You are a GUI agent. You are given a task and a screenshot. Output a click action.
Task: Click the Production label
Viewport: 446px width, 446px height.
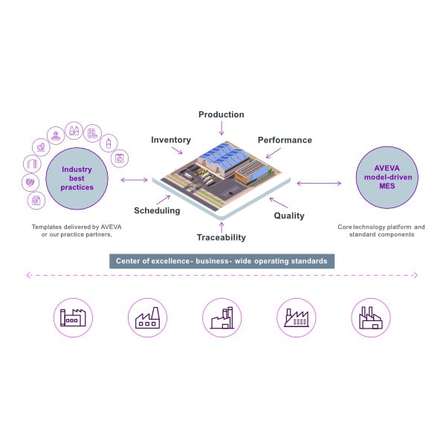pos(221,114)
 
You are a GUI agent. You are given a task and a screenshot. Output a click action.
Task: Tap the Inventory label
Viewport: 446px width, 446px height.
pos(171,140)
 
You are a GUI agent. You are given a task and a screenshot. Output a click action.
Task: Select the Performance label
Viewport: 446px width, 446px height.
pos(285,140)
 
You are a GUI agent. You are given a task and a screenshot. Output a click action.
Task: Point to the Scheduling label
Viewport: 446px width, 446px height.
pos(157,210)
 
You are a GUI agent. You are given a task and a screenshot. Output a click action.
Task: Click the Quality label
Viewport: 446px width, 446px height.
pos(289,216)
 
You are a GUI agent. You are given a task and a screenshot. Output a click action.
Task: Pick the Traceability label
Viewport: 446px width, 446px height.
pos(221,238)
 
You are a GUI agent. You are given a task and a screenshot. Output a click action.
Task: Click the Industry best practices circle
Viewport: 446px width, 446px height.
pos(77,178)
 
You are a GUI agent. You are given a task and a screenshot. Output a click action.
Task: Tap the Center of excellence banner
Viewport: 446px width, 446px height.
pos(222,261)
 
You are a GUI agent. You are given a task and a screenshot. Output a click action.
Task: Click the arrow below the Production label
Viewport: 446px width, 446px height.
pos(221,129)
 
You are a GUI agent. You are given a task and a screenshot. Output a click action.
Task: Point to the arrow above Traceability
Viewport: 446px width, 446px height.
pos(221,224)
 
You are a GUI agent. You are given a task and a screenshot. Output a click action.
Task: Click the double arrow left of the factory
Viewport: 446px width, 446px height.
pos(135,180)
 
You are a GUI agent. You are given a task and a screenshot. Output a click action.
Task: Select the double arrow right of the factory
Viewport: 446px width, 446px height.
pos(318,182)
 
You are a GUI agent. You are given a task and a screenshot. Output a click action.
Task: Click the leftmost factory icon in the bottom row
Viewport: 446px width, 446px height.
pos(74,317)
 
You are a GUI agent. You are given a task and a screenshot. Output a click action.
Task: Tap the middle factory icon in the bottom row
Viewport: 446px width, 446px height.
pos(222,317)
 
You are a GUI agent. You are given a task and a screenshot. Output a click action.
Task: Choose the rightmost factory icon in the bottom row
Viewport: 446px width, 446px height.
pos(370,317)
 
